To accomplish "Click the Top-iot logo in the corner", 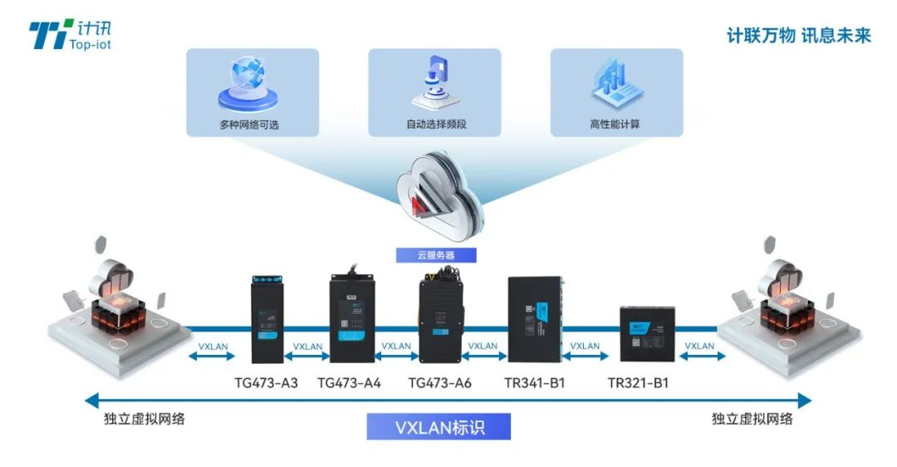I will (70, 35).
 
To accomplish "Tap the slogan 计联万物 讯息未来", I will (798, 36).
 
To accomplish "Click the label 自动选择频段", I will (434, 125).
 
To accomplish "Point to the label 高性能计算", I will (616, 125).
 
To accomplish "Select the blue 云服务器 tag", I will (436, 255).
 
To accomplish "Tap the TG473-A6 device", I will (439, 319).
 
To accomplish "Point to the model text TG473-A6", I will (440, 383).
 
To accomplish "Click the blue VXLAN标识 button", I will (439, 427).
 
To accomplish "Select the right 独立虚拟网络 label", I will (752, 419).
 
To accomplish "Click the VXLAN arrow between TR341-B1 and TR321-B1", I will (585, 351).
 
